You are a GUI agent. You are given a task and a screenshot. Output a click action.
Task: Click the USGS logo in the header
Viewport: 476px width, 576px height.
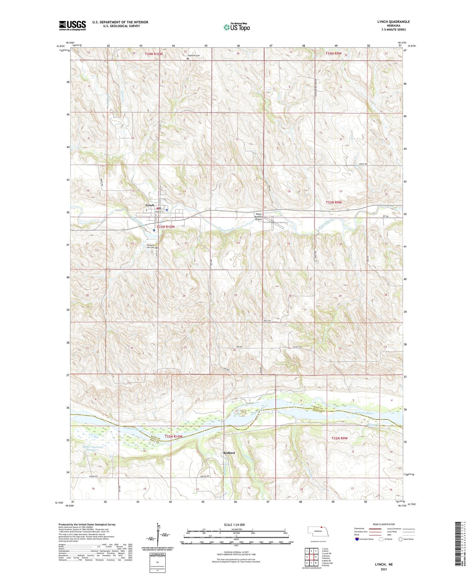click(72, 25)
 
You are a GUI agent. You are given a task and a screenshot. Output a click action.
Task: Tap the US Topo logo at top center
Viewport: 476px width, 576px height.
click(236, 27)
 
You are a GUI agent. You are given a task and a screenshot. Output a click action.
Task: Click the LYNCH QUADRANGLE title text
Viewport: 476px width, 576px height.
click(393, 22)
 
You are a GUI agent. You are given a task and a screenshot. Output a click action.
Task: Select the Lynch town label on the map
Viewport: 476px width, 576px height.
click(150, 205)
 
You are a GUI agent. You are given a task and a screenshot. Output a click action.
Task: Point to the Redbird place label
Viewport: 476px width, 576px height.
click(229, 453)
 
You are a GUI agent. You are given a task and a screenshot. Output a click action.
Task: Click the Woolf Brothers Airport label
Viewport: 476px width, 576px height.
click(259, 217)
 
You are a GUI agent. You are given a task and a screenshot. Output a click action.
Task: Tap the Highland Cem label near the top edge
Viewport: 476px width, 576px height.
click(194, 55)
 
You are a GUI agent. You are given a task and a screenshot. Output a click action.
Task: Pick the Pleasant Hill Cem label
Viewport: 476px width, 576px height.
click(149, 246)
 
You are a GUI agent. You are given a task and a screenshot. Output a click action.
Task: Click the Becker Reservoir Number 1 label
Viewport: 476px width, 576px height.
click(93, 449)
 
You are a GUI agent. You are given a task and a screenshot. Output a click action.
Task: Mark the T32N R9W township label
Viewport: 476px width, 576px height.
click(339, 438)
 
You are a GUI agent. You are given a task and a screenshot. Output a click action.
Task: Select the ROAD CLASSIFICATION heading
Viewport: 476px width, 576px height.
click(384, 524)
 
